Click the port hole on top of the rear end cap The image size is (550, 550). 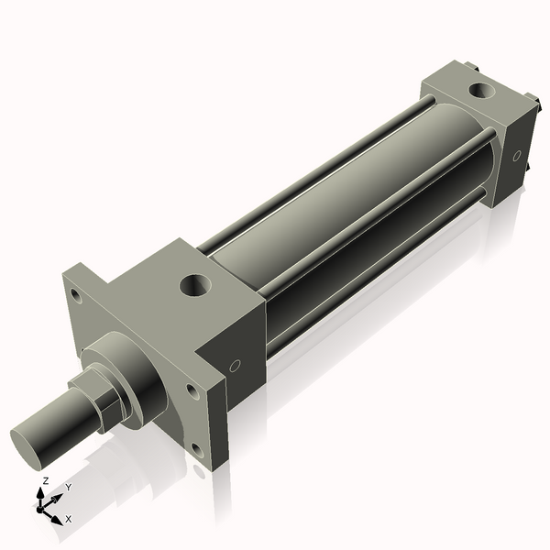480,92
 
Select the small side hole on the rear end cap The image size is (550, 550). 517,156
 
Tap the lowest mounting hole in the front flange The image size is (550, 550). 195,448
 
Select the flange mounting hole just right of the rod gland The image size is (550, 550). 191,391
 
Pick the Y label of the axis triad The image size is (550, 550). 68,488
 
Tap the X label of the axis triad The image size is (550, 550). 68,519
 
